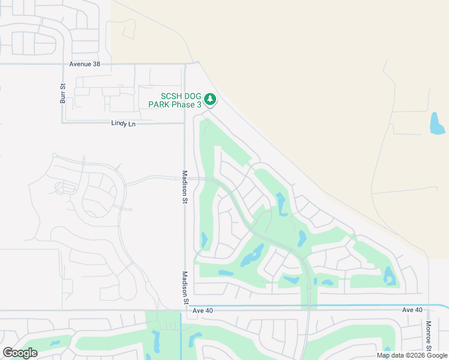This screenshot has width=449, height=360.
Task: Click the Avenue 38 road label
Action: click(x=84, y=64)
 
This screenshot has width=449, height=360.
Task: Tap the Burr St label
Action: click(x=62, y=93)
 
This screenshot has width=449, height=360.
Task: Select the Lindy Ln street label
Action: click(x=124, y=123)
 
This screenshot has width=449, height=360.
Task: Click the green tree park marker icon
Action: click(x=209, y=98)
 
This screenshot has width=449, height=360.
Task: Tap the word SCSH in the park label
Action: click(x=170, y=97)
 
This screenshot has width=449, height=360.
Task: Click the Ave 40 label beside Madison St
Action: click(x=203, y=310)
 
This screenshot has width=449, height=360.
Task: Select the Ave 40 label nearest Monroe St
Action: click(x=412, y=310)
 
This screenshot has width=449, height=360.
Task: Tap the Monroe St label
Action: click(x=429, y=336)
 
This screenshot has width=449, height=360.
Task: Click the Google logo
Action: click(x=20, y=353)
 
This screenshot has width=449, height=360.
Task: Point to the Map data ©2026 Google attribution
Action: click(x=412, y=355)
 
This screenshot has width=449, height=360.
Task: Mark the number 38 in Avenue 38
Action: click(x=95, y=64)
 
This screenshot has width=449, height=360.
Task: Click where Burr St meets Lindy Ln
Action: click(x=62, y=123)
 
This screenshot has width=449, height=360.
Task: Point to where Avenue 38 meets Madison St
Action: click(x=185, y=64)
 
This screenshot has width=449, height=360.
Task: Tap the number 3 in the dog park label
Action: click(x=199, y=105)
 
